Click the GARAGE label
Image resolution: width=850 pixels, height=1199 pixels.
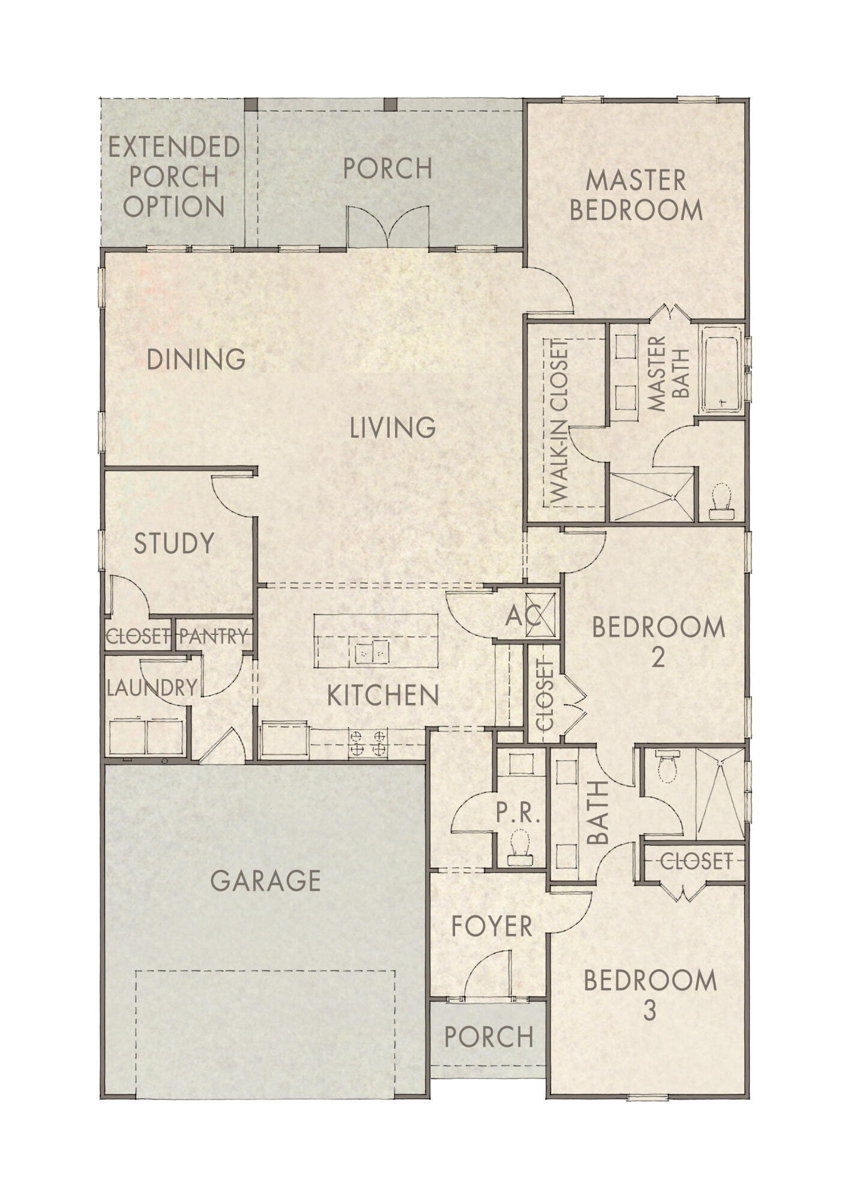pos(266,881)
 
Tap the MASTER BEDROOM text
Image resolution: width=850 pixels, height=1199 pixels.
pos(636,195)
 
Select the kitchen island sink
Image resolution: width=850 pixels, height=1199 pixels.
pos(372,651)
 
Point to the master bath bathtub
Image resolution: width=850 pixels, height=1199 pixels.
pos(722,369)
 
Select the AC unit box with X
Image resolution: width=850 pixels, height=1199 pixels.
pos(542,614)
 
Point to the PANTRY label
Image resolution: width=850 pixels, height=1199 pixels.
pos(214,636)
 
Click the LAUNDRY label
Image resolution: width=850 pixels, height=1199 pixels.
pos(152,688)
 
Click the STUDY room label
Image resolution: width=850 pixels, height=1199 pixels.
pos(174,543)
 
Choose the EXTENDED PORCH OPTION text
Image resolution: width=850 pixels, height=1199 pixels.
pos(174,176)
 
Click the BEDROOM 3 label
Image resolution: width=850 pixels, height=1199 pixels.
pos(651,996)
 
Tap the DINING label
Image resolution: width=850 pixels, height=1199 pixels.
pos(196,359)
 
